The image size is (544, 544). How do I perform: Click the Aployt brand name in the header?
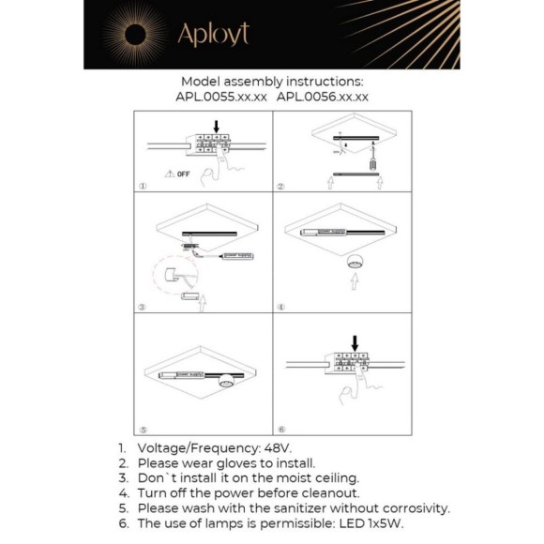point(213,36)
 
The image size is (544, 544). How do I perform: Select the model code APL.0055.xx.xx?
point(221,96)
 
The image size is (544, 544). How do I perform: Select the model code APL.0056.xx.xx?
point(324,96)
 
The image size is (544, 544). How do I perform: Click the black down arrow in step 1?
point(218,125)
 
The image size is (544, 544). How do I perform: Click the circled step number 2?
point(280,186)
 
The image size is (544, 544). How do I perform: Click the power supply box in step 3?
point(233,254)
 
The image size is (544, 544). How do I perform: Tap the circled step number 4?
point(280,306)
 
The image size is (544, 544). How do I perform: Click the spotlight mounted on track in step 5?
point(225,381)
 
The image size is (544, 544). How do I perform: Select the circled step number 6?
point(280,427)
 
